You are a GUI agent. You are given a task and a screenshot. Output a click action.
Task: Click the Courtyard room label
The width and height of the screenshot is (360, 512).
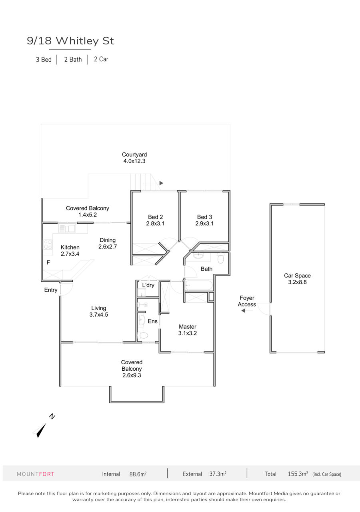click(x=134, y=155)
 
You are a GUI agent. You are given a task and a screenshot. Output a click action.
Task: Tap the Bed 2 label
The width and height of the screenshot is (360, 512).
click(x=155, y=217)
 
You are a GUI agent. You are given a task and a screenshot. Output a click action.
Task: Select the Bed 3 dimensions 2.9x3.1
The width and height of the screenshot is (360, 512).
click(x=204, y=223)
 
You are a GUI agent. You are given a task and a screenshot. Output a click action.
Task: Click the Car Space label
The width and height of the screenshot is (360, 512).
click(x=297, y=276)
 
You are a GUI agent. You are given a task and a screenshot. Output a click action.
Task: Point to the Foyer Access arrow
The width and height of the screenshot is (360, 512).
click(x=247, y=311)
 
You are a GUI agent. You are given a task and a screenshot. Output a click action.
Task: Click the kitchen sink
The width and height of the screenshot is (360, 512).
click(x=67, y=228)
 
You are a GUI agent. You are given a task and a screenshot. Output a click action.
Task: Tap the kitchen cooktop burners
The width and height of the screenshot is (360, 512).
click(x=48, y=244)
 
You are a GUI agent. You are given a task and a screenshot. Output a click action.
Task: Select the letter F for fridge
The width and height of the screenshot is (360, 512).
click(x=48, y=262)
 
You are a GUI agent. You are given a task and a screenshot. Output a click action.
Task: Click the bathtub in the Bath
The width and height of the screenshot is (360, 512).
click(x=199, y=285)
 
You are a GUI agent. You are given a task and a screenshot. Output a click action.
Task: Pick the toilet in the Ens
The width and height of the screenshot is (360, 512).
click(x=142, y=335)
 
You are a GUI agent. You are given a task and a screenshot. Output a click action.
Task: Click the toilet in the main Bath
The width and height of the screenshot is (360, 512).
click(x=220, y=258)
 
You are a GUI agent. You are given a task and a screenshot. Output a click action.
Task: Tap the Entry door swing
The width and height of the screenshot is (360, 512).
click(x=67, y=289)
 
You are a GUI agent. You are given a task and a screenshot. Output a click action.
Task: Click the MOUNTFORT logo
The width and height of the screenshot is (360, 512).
click(x=36, y=474)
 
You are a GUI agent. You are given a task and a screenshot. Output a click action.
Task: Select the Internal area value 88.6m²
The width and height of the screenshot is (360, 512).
click(x=138, y=474)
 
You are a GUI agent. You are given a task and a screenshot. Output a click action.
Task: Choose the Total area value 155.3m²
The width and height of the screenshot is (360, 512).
click(x=298, y=474)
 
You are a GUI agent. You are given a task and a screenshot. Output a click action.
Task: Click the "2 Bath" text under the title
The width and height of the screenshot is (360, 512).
click(x=73, y=59)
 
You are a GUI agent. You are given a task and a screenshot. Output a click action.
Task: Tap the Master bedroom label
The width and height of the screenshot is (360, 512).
click(x=188, y=327)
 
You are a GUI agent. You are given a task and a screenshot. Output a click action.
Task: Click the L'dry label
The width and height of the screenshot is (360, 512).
click(x=148, y=285)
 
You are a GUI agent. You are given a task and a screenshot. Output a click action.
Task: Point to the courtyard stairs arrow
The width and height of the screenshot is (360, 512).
click(x=161, y=183)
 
